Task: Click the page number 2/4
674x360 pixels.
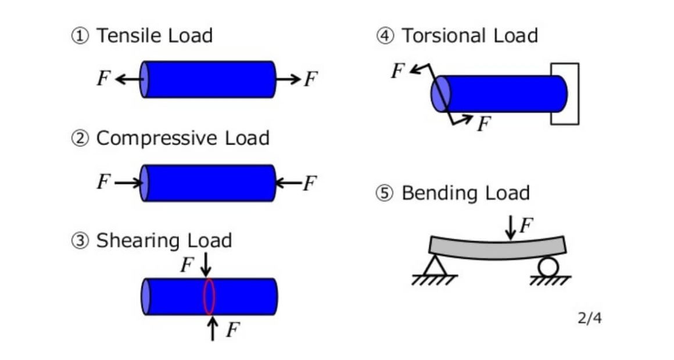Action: [x=590, y=318]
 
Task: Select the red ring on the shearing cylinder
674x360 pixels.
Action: [x=209, y=296]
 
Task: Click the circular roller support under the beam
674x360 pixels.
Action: [x=547, y=267]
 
